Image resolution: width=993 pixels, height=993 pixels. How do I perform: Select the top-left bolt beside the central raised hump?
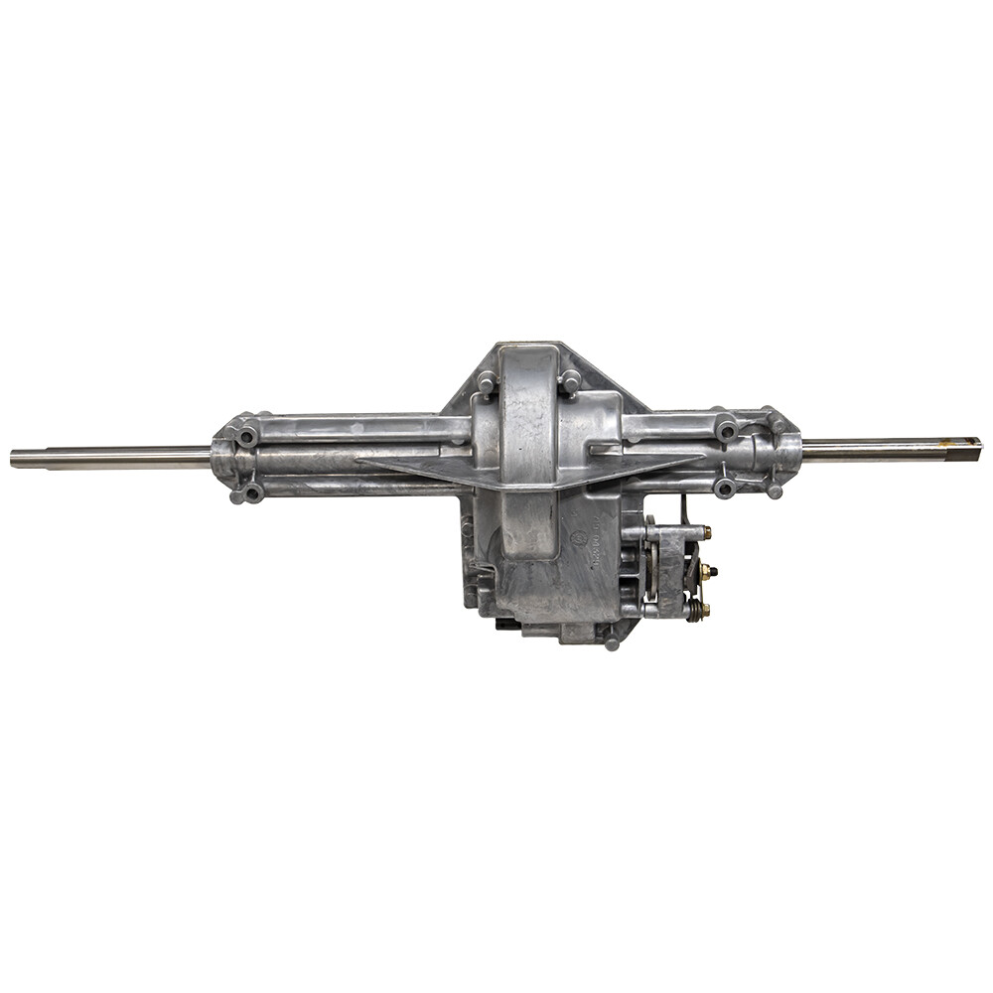tap(486, 380)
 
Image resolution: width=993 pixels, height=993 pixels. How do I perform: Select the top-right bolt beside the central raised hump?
tap(569, 379)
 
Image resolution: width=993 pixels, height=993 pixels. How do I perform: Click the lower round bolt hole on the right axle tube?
tap(726, 487)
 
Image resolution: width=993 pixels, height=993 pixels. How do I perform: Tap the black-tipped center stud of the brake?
tap(710, 572)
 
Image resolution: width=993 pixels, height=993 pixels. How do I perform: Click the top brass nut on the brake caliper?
tap(705, 533)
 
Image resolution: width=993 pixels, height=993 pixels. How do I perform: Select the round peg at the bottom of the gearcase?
tap(612, 643)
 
